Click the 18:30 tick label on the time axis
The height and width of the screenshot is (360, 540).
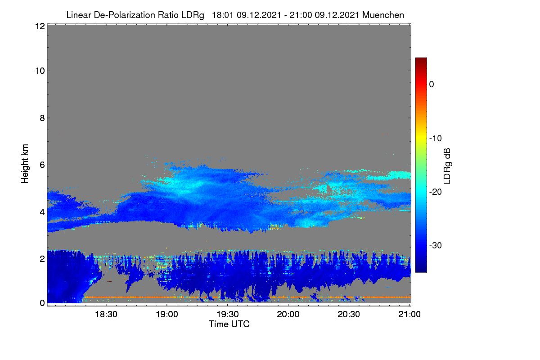(106, 315)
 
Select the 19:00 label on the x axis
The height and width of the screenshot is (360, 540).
(167, 315)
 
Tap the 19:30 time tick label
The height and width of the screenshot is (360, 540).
(228, 315)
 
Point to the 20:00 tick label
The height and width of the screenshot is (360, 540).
(288, 315)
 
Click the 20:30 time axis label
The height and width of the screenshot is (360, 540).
(349, 315)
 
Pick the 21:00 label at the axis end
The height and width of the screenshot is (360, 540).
(409, 315)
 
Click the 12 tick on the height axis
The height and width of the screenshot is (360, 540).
(40, 26)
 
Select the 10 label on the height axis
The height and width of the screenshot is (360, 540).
(40, 71)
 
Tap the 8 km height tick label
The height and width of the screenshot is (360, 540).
(42, 118)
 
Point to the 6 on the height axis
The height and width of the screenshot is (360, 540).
(42, 165)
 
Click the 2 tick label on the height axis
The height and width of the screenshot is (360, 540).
(42, 259)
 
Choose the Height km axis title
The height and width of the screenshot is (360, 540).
(25, 164)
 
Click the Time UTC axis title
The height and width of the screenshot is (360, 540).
(229, 324)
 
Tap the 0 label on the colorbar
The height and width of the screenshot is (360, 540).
(432, 85)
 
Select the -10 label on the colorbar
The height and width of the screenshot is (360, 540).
(436, 139)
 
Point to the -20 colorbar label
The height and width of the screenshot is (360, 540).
(436, 192)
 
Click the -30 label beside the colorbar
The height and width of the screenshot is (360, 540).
(436, 245)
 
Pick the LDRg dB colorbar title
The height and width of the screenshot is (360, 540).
(447, 166)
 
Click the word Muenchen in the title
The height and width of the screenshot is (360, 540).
(383, 15)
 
